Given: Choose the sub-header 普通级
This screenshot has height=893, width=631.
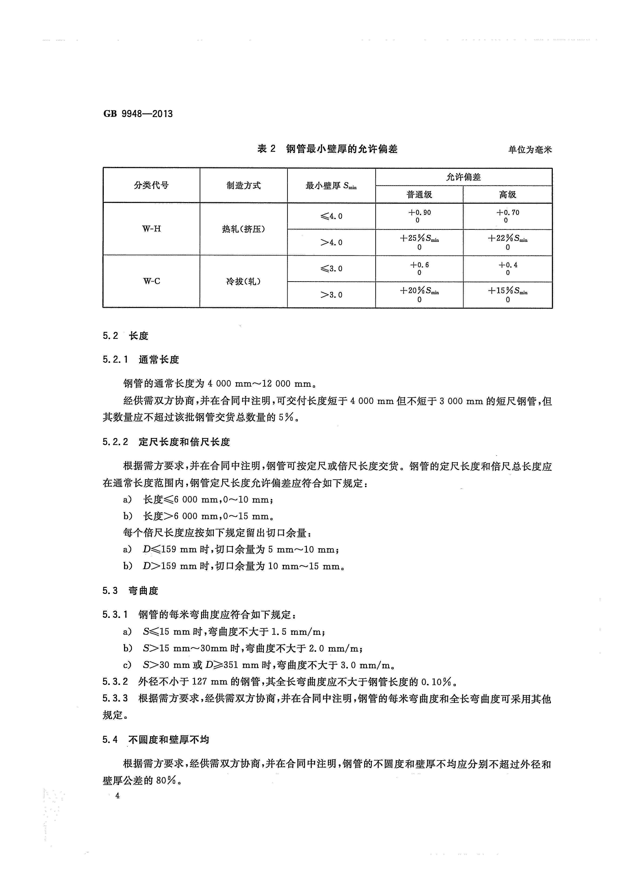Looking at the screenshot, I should pyautogui.click(x=419, y=194).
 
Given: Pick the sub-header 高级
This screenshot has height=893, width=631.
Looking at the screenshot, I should pyautogui.click(x=507, y=194).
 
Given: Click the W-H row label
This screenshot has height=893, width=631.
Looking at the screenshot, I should pyautogui.click(x=151, y=229).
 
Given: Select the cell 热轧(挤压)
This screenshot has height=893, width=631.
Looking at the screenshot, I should pyautogui.click(x=243, y=229).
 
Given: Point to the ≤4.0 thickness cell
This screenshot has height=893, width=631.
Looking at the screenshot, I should pyautogui.click(x=331, y=216).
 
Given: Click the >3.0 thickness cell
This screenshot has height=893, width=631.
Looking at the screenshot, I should pyautogui.click(x=331, y=295).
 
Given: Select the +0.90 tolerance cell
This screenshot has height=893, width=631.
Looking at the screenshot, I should pyautogui.click(x=419, y=216).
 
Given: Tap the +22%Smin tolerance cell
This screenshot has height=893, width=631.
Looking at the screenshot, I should pyautogui.click(x=507, y=242).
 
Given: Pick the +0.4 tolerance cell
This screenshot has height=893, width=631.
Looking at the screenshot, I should pyautogui.click(x=507, y=268).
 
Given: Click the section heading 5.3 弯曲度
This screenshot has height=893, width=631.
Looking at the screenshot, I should pyautogui.click(x=130, y=591).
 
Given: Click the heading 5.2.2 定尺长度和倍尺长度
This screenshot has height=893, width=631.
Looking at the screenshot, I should pyautogui.click(x=166, y=442).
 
